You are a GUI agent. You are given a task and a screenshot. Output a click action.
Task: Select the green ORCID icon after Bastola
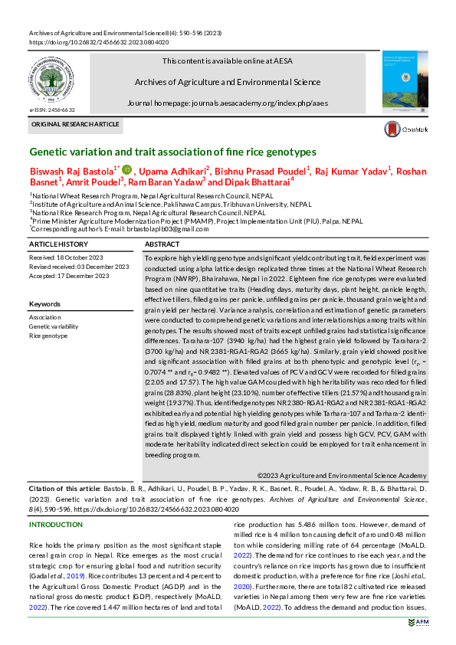(x=126, y=169)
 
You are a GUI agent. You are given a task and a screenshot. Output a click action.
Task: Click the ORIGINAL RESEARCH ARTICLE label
(x=75, y=124)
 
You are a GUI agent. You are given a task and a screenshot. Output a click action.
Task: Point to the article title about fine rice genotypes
(x=162, y=152)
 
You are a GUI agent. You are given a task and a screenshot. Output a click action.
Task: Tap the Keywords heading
(x=44, y=304)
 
